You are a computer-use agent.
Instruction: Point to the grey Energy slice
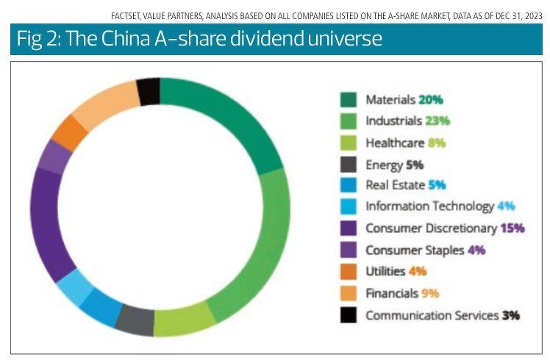(x=135, y=318)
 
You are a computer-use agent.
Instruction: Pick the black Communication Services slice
(x=149, y=92)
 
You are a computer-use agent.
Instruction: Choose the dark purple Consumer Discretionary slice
(x=46, y=220)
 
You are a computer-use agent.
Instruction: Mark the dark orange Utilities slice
(x=71, y=133)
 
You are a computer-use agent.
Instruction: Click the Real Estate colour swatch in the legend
(x=349, y=185)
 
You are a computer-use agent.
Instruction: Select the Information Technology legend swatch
(x=349, y=206)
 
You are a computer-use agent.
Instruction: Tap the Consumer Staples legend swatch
(x=349, y=250)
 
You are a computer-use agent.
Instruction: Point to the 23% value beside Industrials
(x=437, y=120)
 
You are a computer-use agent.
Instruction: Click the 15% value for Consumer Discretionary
(x=512, y=228)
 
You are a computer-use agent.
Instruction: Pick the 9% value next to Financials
(x=430, y=294)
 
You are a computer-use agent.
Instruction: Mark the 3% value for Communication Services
(x=511, y=316)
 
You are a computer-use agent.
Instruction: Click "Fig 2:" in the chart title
(x=37, y=38)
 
